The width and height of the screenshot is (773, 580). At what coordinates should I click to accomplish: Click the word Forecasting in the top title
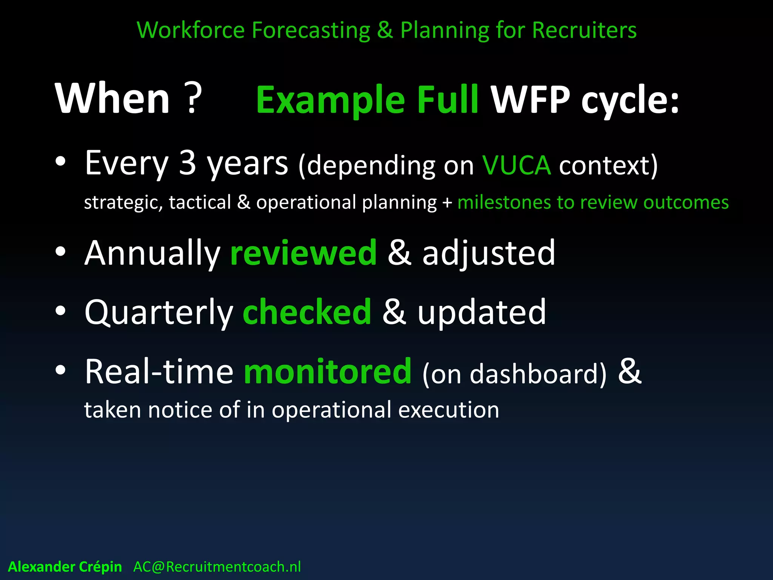tap(311, 30)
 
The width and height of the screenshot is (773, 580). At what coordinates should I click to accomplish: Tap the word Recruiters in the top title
tap(584, 30)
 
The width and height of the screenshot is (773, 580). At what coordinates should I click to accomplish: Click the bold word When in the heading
tap(112, 99)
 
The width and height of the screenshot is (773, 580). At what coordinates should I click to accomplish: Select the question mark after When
tap(192, 99)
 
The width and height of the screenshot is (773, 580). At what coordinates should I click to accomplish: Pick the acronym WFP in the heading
tap(530, 100)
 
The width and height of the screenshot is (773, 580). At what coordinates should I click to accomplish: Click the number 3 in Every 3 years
tap(188, 163)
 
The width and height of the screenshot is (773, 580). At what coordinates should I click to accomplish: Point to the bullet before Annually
tap(60, 252)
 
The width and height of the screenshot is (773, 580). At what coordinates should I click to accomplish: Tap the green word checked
tap(307, 312)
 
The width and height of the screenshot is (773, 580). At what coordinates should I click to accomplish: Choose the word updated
tap(482, 313)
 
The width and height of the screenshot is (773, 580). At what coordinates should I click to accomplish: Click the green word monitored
tap(327, 372)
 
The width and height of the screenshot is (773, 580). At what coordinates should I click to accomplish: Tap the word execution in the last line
tap(448, 410)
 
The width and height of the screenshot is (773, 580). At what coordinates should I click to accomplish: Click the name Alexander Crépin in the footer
tap(65, 567)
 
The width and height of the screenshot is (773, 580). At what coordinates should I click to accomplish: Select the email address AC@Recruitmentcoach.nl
tap(217, 567)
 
